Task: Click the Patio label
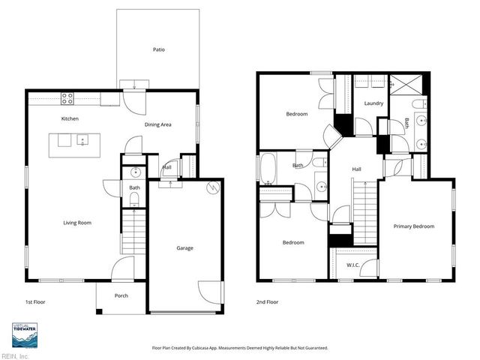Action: [158, 49]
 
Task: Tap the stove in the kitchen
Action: [67, 96]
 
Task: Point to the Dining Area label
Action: [158, 124]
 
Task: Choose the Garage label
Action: [184, 247]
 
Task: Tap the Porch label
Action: [121, 295]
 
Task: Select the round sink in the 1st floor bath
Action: [134, 173]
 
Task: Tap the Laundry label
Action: [373, 103]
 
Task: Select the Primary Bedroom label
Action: [414, 226]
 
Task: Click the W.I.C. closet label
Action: [352, 265]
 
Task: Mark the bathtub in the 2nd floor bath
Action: [268, 168]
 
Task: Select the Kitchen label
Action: [70, 118]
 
